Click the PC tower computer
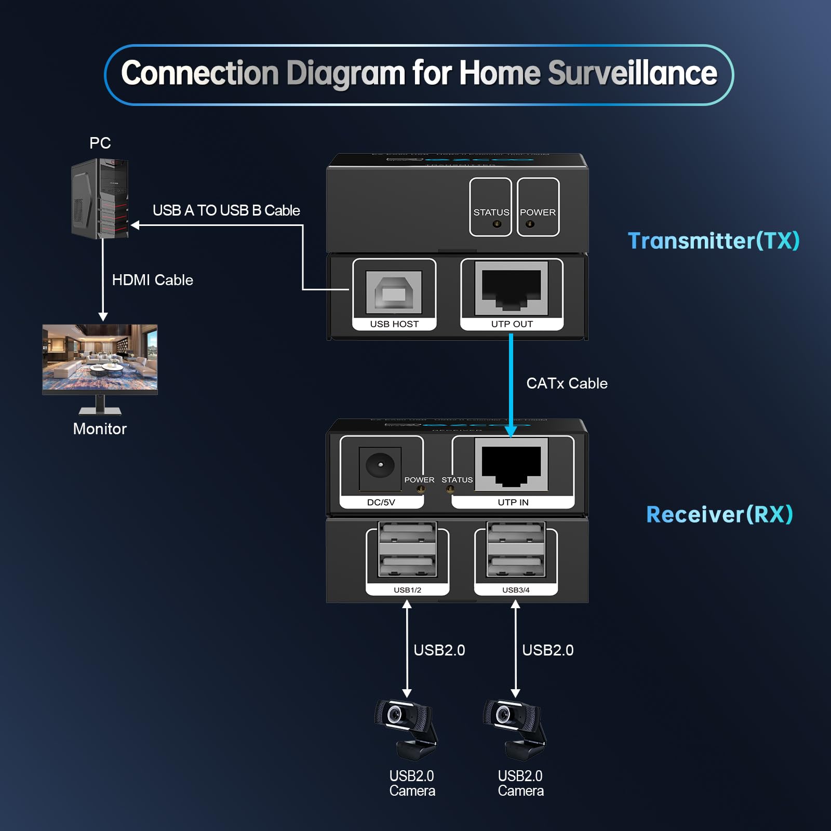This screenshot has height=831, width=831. coord(100,199)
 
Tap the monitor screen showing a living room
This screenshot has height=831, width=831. coord(100,357)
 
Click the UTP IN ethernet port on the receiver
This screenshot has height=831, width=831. coord(512,464)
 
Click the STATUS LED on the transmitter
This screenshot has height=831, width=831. coord(497,224)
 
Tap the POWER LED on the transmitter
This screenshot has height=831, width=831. coord(530,224)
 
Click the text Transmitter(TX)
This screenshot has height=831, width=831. coord(713,241)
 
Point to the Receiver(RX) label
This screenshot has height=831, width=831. coord(719,515)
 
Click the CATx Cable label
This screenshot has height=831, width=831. coord(567,383)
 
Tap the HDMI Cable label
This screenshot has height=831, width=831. coord(152,280)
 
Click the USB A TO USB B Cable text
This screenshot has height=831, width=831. coord(226,210)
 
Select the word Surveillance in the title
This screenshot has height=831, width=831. coord(632,73)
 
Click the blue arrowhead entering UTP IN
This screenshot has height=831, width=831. coord(511,431)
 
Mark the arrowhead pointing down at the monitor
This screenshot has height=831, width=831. coord(103,317)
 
